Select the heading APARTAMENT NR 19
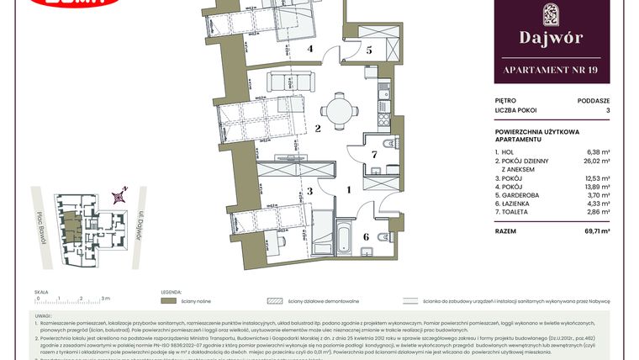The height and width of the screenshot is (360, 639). [x=551, y=70]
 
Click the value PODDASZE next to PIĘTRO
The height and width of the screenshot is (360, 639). [x=592, y=99]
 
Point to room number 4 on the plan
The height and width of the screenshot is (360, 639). [x=309, y=50]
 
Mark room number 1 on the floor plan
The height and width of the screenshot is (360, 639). [x=348, y=191]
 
